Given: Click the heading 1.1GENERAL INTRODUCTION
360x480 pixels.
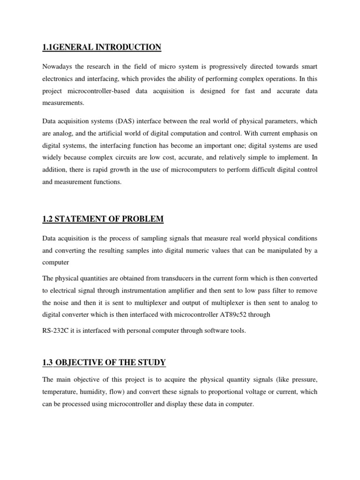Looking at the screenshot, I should click(x=102, y=47).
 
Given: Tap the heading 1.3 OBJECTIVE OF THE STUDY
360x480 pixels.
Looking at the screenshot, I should click(x=104, y=362).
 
